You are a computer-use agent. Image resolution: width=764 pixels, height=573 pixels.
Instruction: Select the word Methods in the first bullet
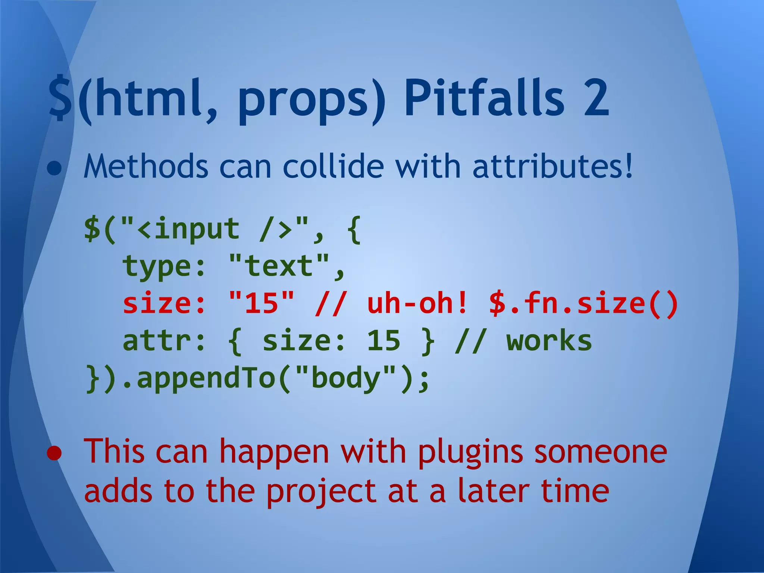(146, 167)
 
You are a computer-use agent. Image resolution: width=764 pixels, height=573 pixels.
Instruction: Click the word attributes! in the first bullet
(552, 167)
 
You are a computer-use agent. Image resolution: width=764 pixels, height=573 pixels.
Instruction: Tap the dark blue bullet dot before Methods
(54, 169)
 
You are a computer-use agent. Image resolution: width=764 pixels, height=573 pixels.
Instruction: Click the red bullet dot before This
(54, 453)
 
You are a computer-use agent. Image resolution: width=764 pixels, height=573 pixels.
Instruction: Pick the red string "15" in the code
(262, 303)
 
